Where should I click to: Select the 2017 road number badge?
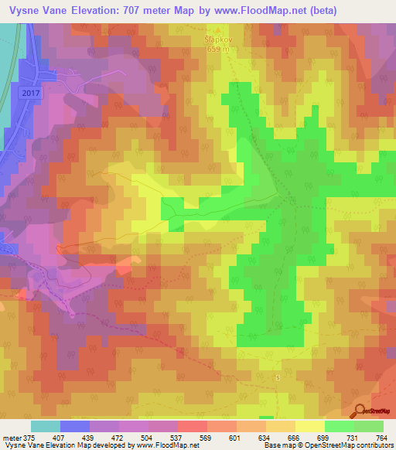(x=29, y=92)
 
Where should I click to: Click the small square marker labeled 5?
(x=276, y=377)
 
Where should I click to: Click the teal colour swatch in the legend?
(x=45, y=426)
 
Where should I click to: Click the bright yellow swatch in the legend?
(x=309, y=426)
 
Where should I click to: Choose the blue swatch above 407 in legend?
(x=74, y=426)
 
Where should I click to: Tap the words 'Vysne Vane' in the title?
(x=34, y=11)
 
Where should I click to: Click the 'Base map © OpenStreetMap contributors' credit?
(x=328, y=445)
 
